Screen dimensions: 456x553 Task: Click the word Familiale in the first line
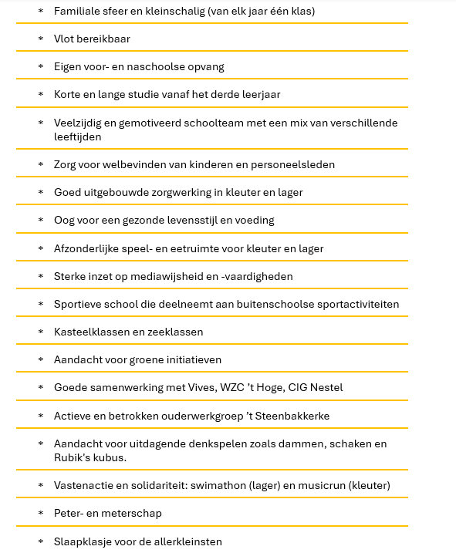pos(77,12)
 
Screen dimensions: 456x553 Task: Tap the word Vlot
pos(65,39)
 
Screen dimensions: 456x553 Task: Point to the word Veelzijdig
pos(79,123)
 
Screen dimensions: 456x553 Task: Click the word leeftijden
pos(78,137)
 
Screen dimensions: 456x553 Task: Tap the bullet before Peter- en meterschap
pos(41,514)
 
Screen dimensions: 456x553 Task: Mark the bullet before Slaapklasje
pos(41,541)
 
